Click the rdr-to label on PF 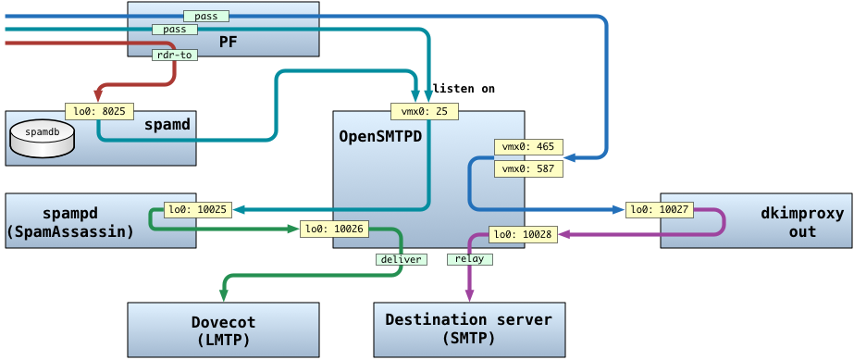(174, 55)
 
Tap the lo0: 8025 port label (99, 112)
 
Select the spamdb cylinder (42, 140)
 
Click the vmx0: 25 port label (425, 112)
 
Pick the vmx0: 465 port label (527, 146)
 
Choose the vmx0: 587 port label (527, 169)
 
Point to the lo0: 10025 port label (198, 209)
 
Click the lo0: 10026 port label (334, 230)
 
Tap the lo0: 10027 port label (660, 209)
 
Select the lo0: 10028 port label (524, 235)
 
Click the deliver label (401, 259)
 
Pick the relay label (469, 259)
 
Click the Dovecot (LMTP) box (223, 330)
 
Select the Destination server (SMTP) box (469, 330)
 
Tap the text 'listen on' (464, 88)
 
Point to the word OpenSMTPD (380, 136)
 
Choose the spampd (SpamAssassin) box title (71, 222)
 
